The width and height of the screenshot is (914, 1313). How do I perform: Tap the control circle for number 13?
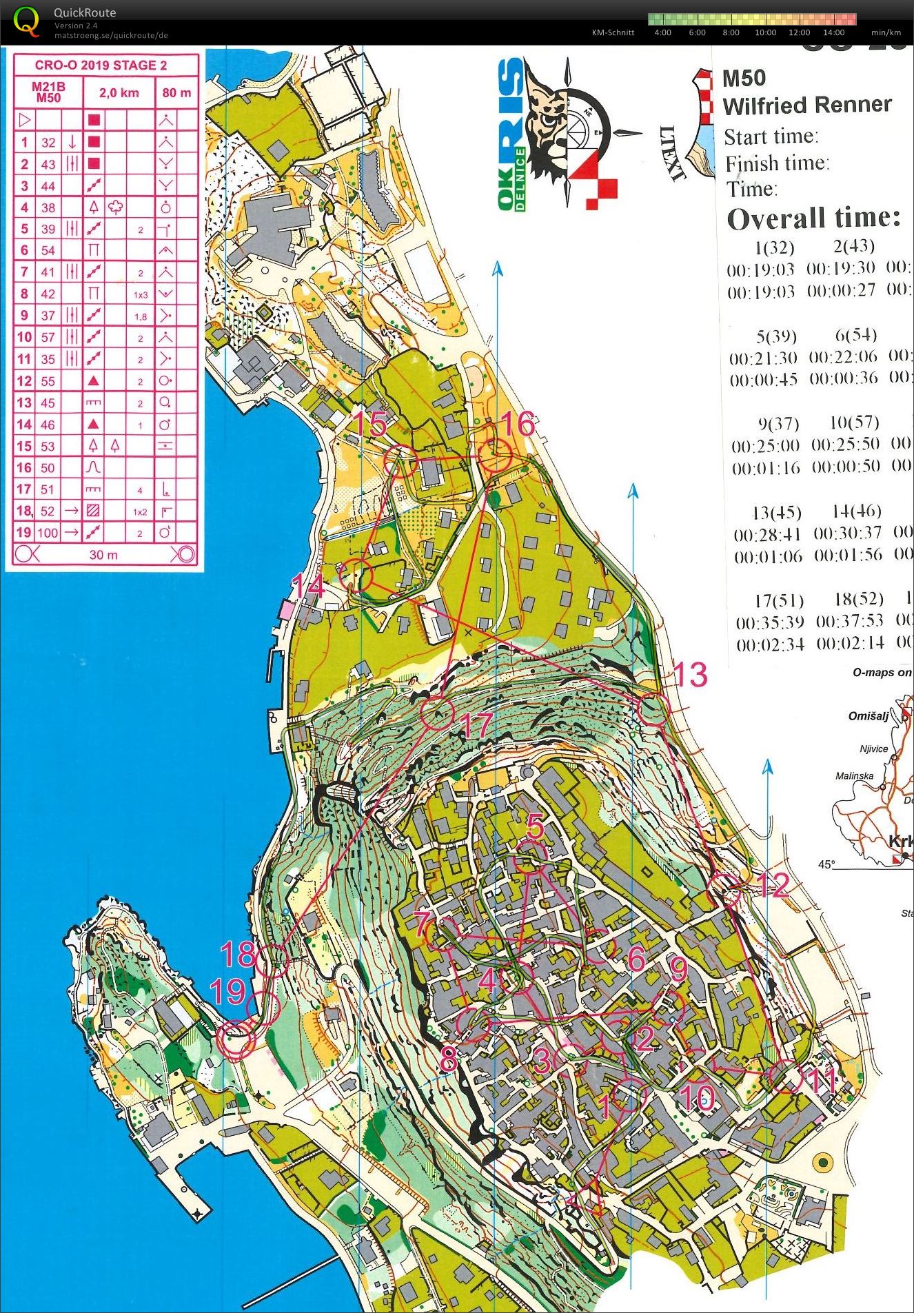click(x=653, y=710)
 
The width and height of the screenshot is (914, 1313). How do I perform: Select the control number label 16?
click(x=518, y=424)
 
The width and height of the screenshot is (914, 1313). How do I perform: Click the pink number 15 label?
click(x=369, y=424)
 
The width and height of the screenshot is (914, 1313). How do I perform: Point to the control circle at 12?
click(x=726, y=889)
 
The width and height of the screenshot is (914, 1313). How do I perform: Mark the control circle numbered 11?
click(x=786, y=1077)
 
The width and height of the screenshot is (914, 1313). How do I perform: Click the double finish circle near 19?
click(x=236, y=1039)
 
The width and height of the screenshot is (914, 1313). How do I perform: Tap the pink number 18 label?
click(x=238, y=955)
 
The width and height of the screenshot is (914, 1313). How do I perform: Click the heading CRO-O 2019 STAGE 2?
click(x=101, y=65)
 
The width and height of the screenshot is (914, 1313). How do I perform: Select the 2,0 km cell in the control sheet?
click(x=119, y=93)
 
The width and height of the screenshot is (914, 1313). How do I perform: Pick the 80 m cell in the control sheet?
click(x=176, y=93)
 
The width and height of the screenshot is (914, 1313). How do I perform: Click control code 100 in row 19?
click(x=48, y=532)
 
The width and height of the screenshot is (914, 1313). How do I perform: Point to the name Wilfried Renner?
click(x=806, y=105)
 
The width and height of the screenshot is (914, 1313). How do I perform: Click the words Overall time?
click(x=813, y=218)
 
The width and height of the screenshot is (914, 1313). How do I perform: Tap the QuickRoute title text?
click(x=85, y=12)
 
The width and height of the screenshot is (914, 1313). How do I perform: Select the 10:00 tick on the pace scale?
click(x=765, y=32)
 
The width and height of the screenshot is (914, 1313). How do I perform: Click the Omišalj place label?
click(x=868, y=716)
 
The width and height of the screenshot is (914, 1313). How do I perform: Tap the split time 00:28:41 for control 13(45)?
click(x=767, y=535)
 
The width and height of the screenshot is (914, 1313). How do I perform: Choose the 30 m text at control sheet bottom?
click(x=103, y=555)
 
